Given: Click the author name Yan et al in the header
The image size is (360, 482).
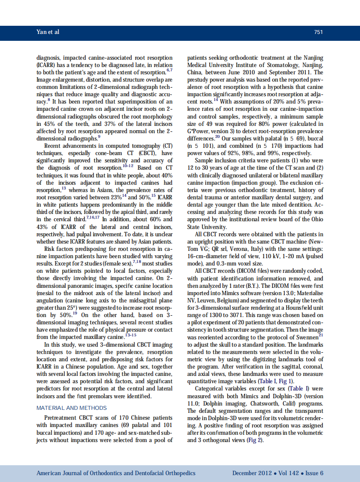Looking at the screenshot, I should click(x=48, y=32).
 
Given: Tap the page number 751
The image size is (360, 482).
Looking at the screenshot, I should click(x=318, y=32).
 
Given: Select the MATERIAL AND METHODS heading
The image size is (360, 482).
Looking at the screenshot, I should click(x=72, y=408).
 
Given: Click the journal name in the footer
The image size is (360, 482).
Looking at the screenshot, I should click(x=116, y=473).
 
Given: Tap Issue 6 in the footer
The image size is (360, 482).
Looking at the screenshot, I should click(x=314, y=473).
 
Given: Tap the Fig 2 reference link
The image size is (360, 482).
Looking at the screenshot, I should click(x=253, y=441).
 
